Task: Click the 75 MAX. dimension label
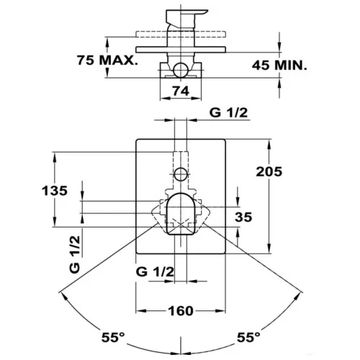click(107, 60)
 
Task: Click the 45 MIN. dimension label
click(279, 65)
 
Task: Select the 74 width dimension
click(181, 91)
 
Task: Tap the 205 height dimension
click(269, 172)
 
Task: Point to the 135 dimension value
click(55, 191)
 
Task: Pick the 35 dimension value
click(243, 217)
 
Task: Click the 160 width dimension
click(181, 311)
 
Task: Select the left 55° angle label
click(113, 338)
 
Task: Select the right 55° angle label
click(248, 338)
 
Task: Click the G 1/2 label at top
click(228, 112)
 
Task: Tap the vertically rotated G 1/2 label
click(75, 254)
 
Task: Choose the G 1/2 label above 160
click(155, 272)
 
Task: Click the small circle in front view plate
click(181, 174)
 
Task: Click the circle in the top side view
click(181, 70)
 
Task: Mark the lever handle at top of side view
click(186, 18)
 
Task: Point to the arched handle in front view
click(180, 214)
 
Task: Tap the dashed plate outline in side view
click(181, 35)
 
